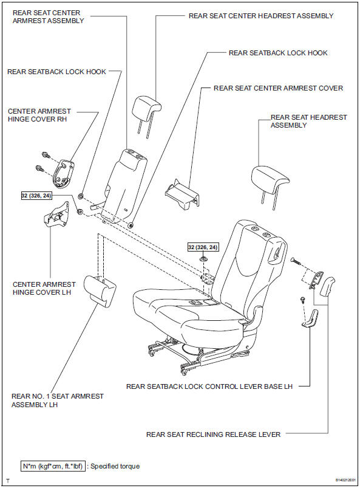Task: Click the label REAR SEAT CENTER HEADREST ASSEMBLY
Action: click(261, 16)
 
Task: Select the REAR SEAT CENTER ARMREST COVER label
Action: click(278, 88)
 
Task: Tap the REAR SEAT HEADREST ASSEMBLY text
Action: click(309, 121)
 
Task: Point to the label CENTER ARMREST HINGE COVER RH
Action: click(39, 115)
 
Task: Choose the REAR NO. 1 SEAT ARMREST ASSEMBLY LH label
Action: click(57, 400)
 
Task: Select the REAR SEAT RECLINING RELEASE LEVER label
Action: click(213, 434)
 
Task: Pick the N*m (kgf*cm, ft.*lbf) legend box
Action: click(53, 466)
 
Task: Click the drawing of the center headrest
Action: click(146, 108)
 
